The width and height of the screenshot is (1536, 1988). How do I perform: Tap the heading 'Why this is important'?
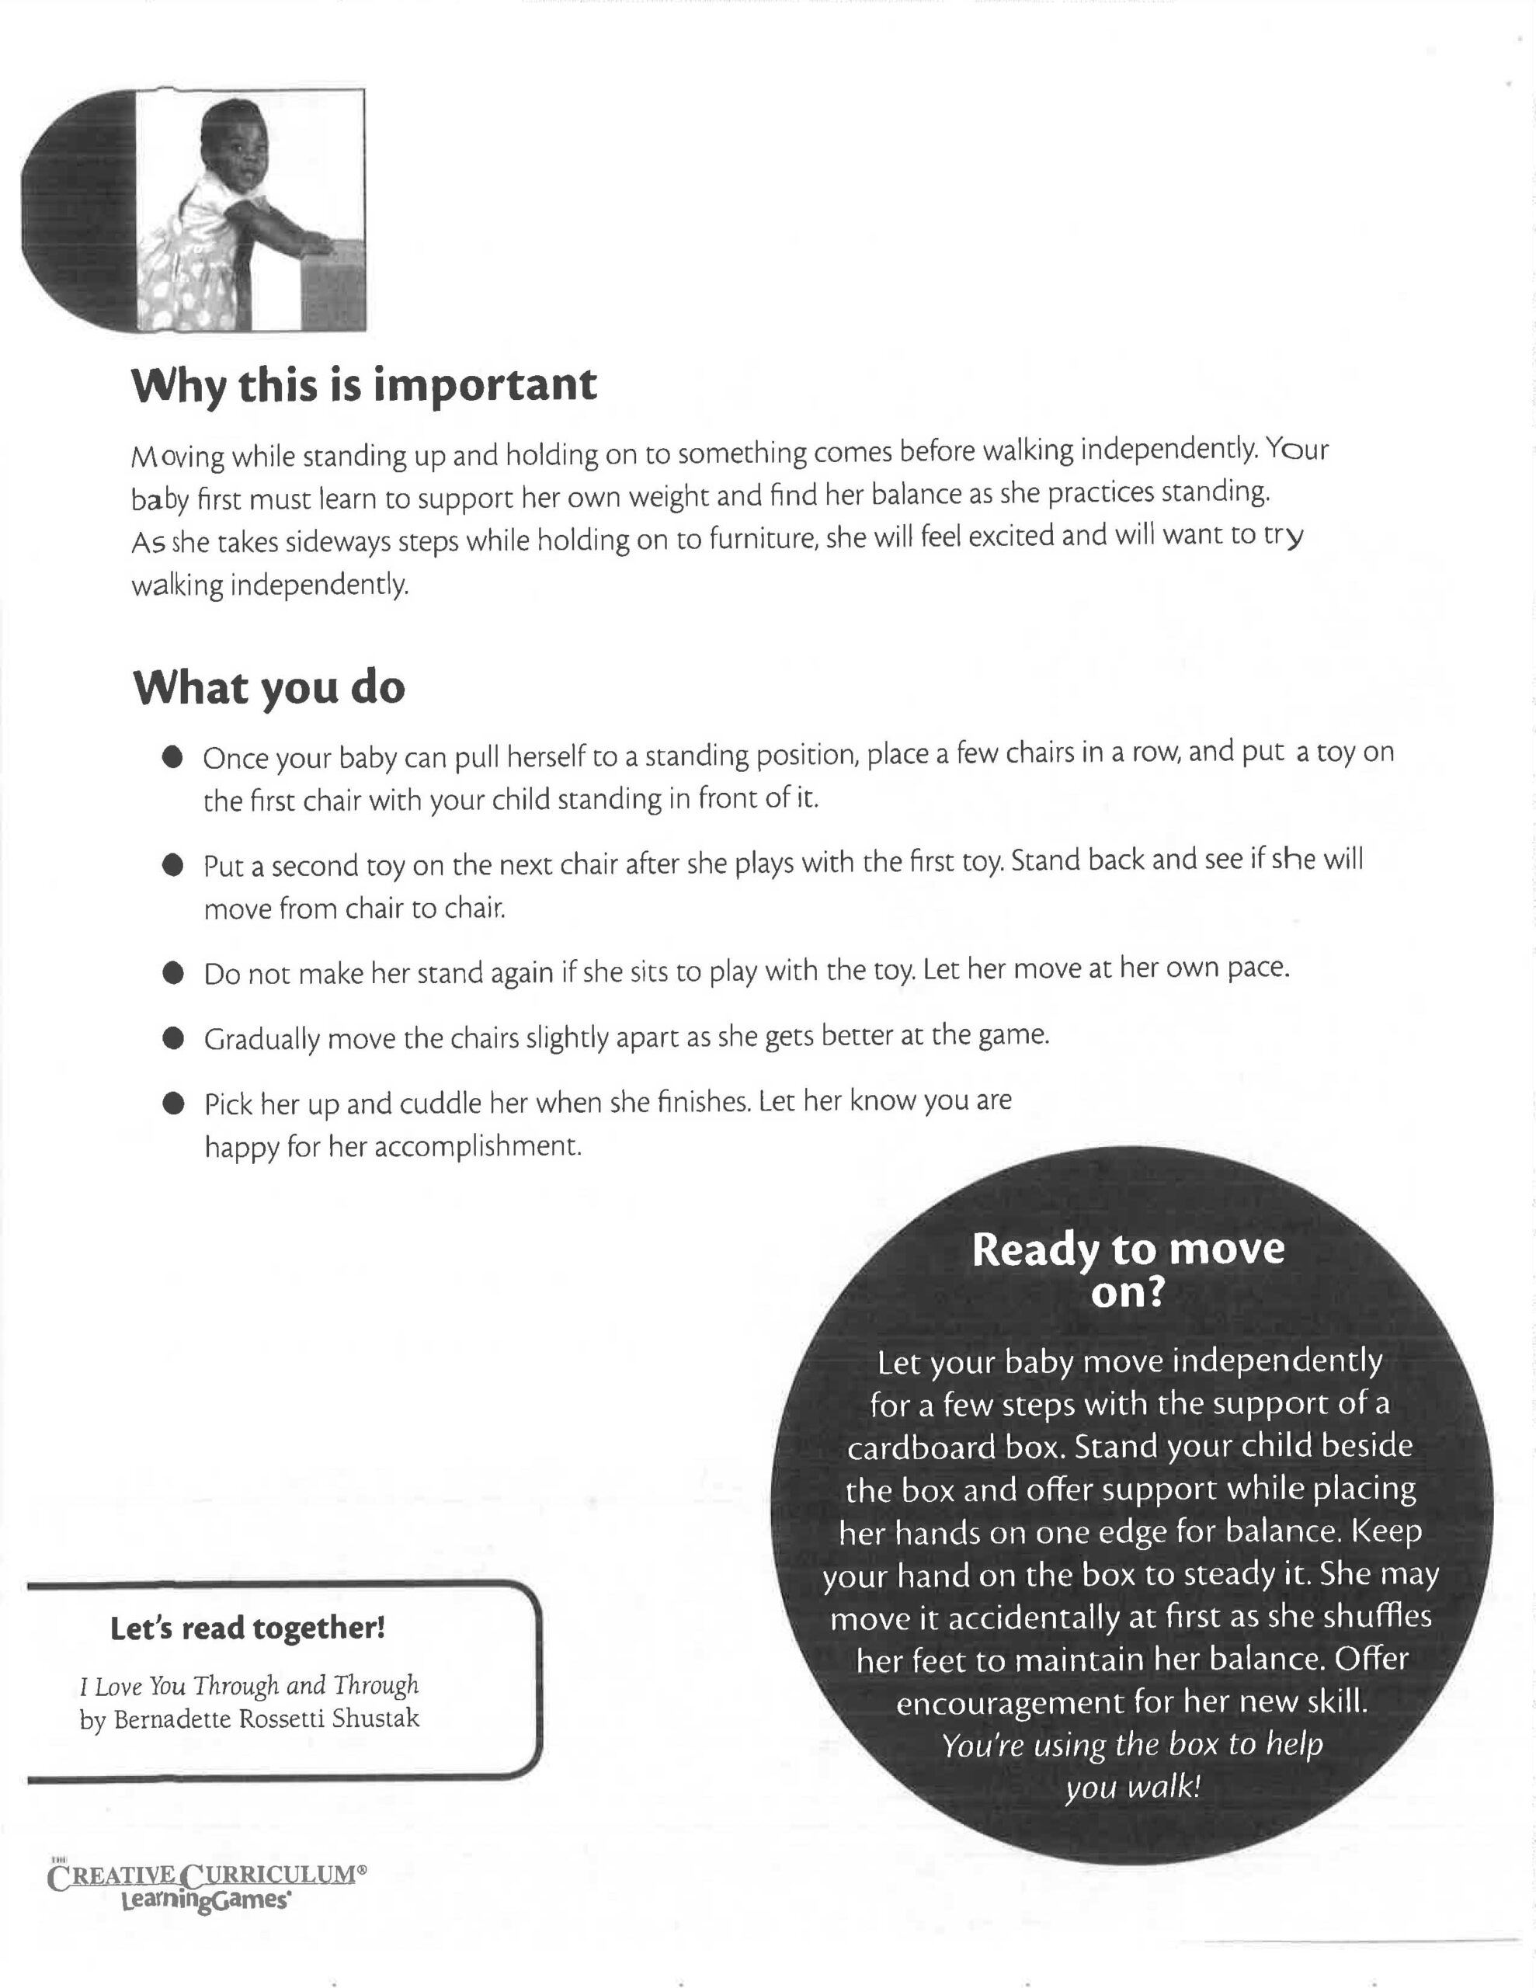point(364,385)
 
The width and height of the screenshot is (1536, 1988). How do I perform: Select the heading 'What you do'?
point(269,687)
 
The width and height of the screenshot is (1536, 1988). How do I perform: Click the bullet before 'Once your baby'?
point(173,757)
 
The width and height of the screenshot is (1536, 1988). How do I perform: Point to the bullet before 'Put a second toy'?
point(173,865)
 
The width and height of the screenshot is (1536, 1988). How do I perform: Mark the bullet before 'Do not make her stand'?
point(173,973)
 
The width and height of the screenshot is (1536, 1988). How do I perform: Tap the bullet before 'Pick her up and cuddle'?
point(173,1103)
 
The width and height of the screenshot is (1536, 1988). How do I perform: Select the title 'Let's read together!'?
point(248,1628)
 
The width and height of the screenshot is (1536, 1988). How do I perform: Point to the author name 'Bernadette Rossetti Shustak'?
point(266,1719)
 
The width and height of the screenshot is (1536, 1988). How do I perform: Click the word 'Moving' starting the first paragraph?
point(178,455)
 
